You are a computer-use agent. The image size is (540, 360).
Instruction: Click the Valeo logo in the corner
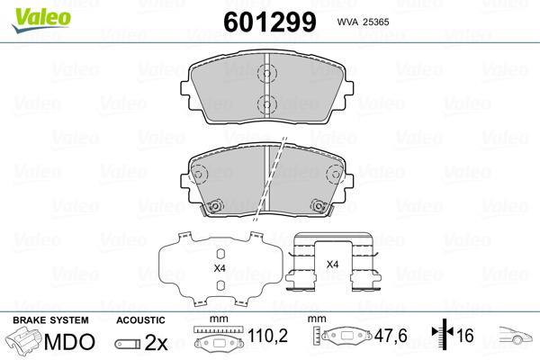pyautogui.click(x=41, y=20)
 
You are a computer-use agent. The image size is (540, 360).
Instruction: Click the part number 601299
pyautogui.click(x=270, y=22)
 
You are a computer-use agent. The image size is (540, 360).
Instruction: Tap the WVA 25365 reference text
pyautogui.click(x=363, y=22)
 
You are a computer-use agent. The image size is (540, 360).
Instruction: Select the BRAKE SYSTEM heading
pyautogui.click(x=50, y=320)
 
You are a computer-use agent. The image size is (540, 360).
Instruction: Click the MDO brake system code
pyautogui.click(x=69, y=342)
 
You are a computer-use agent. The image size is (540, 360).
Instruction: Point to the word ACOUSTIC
pyautogui.click(x=140, y=320)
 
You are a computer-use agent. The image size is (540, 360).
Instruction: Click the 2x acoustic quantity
pyautogui.click(x=156, y=342)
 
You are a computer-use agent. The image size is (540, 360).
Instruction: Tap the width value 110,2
pyautogui.click(x=267, y=336)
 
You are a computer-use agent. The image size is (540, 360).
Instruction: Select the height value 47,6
pyautogui.click(x=391, y=336)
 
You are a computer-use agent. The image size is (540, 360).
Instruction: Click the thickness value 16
pyautogui.click(x=465, y=336)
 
